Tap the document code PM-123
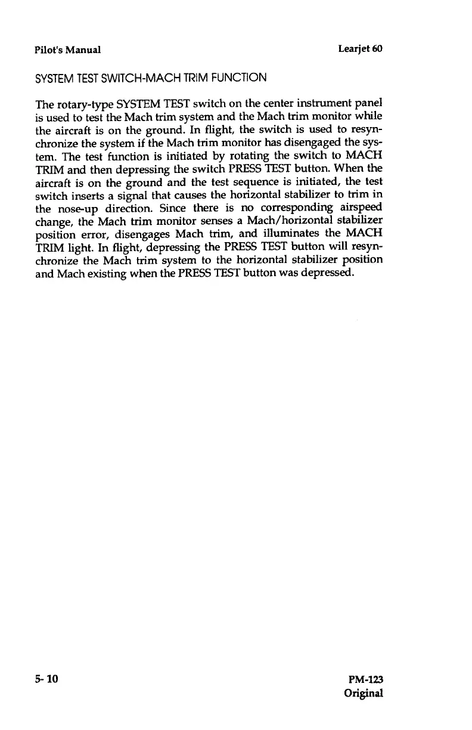tap(364, 680)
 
